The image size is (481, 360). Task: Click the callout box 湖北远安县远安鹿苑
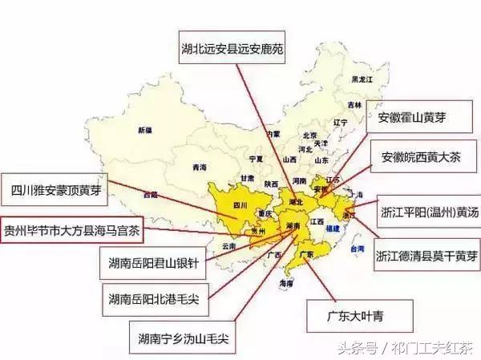[232, 48]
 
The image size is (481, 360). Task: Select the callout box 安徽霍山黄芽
[418, 119]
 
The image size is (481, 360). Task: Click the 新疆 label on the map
[144, 129]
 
